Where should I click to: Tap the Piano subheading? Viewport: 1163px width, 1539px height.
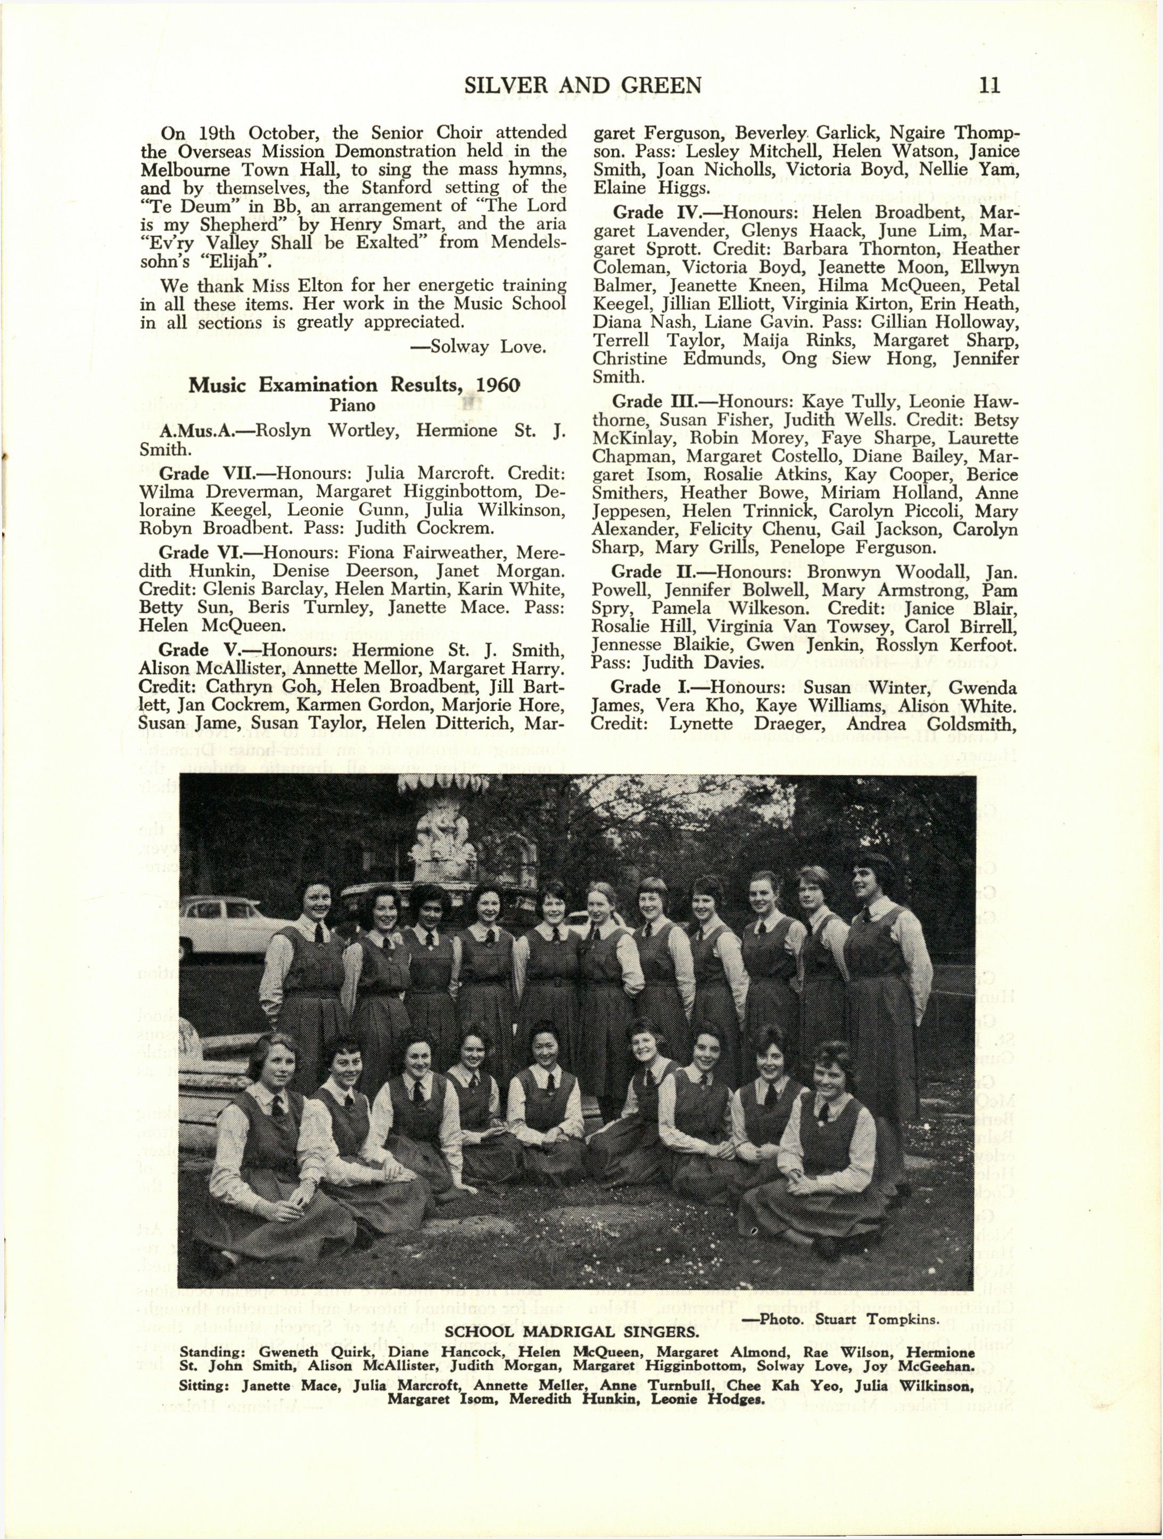[x=353, y=405]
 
